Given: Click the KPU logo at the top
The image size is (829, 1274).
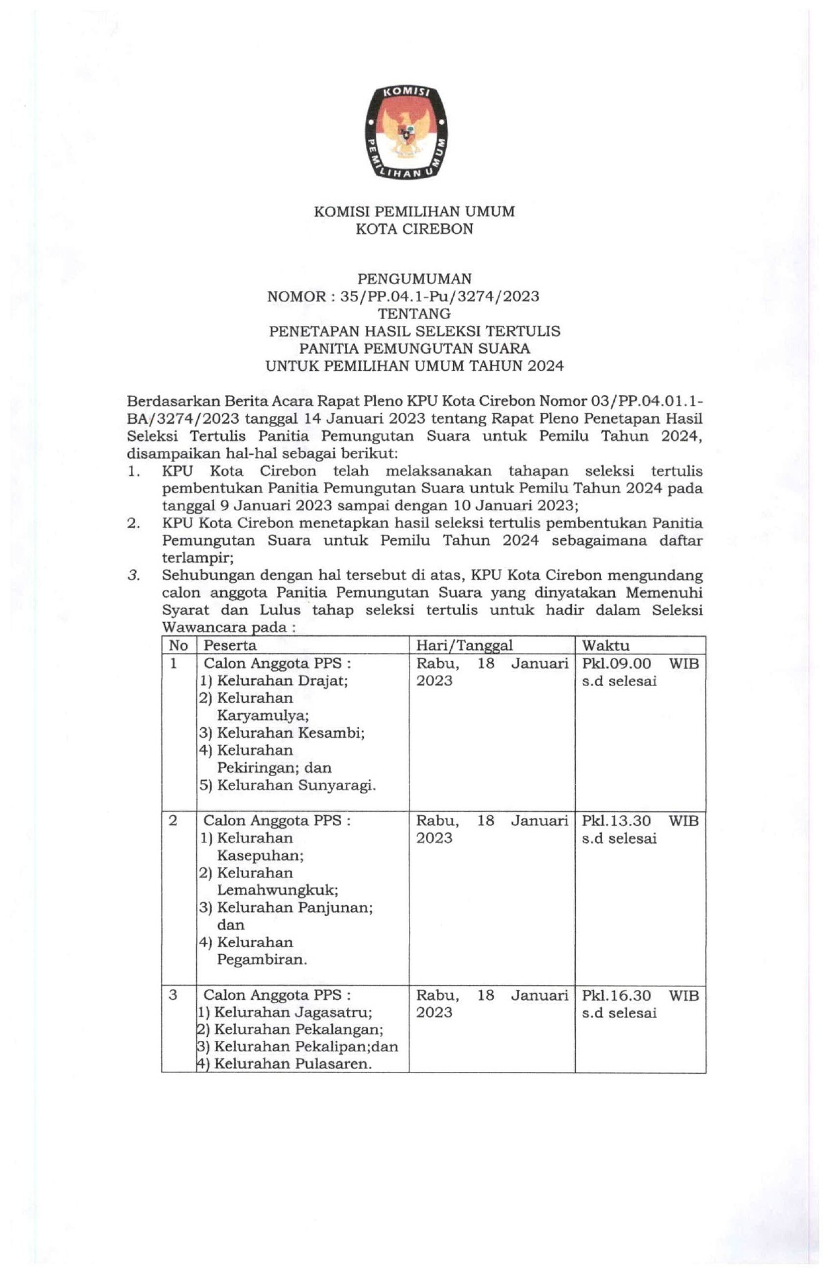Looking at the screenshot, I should point(406,132).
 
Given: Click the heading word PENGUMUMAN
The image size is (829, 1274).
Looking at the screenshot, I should point(414,279).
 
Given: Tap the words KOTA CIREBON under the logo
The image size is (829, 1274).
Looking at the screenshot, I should point(414,229).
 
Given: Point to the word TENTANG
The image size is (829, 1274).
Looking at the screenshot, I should point(414,314).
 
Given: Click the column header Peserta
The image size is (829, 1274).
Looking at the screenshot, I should point(230,645).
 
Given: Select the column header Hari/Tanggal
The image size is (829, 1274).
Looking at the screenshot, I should point(464,645).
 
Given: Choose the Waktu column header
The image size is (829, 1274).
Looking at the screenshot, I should point(606,645).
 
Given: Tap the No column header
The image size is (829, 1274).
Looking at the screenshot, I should point(178,645).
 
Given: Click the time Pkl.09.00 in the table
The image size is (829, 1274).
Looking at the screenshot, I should point(616,663).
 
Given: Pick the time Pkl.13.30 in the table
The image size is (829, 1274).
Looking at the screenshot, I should point(616,821).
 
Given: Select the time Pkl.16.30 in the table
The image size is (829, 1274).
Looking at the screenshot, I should point(616,995).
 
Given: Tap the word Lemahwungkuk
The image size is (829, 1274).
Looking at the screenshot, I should point(277,890).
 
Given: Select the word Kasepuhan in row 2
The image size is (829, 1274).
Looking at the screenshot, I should point(260,855).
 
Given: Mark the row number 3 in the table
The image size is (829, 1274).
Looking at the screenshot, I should point(173,995).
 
